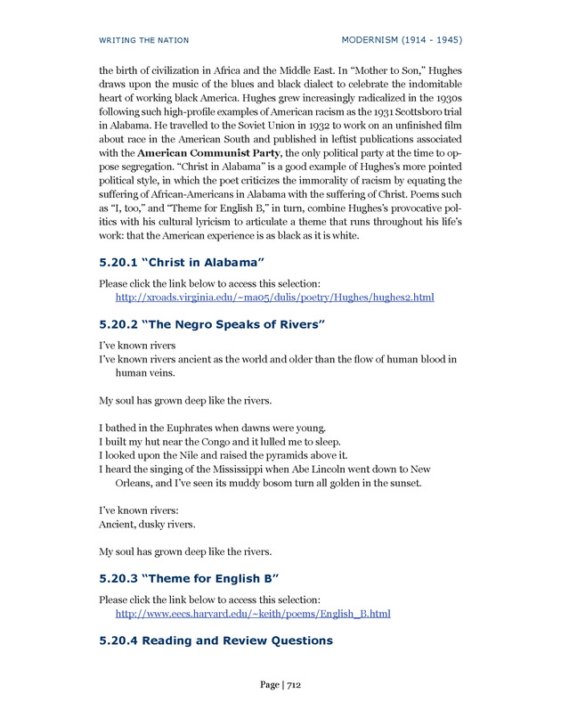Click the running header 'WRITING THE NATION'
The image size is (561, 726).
pos(143,40)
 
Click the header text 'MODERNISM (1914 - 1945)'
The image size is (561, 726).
pos(402,40)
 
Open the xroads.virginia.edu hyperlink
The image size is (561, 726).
pos(275,297)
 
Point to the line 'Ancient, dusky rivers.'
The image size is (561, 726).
pos(147,524)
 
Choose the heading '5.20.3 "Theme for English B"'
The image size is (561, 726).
pos(190,580)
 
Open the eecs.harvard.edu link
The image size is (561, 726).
pos(254,614)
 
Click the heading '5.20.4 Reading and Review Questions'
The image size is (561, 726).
pos(216,641)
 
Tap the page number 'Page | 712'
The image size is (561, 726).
pos(280,685)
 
